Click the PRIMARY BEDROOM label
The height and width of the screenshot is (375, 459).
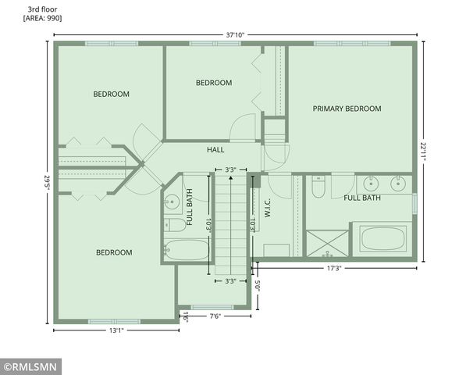pyautogui.click(x=347, y=109)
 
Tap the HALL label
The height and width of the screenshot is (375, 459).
pyautogui.click(x=215, y=149)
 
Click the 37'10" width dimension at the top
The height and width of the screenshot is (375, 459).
pyautogui.click(x=234, y=34)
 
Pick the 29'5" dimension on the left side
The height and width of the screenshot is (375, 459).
pyautogui.click(x=47, y=184)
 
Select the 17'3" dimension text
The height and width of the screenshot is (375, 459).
pyautogui.click(x=333, y=268)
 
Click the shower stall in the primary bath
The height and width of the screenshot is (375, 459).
pyautogui.click(x=328, y=243)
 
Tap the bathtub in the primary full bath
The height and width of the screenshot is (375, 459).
pyautogui.click(x=382, y=240)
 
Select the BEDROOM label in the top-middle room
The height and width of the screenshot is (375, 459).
pyautogui.click(x=213, y=83)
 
